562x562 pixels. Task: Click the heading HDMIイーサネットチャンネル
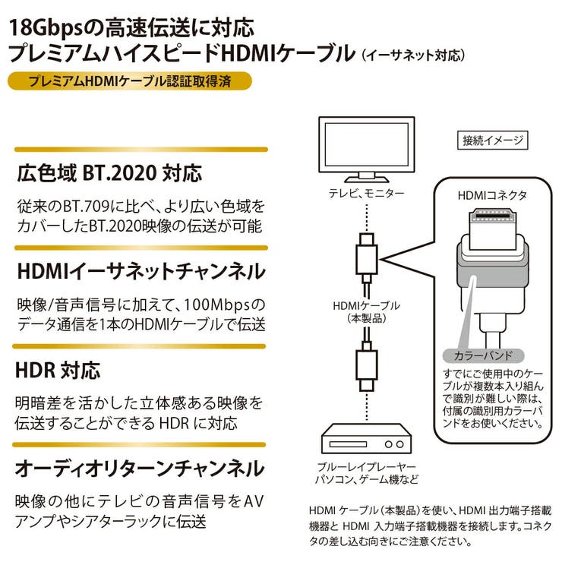pyautogui.click(x=140, y=271)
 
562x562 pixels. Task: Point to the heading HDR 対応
pyautogui.click(x=58, y=371)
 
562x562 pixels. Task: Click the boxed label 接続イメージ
pyautogui.click(x=494, y=140)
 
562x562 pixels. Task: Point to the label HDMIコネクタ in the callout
pyautogui.click(x=491, y=195)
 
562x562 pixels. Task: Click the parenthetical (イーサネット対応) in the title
pyautogui.click(x=412, y=55)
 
